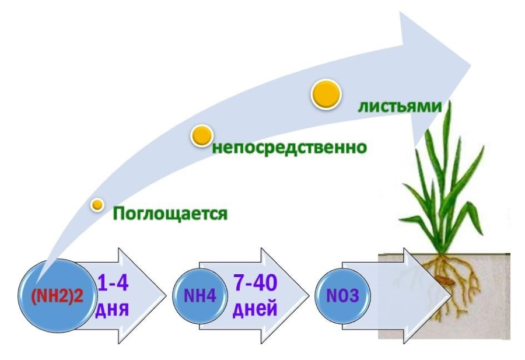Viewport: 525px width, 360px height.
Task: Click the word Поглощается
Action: pos(169,214)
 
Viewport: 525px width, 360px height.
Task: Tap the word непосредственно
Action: pos(289,147)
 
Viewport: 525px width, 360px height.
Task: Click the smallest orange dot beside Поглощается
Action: pos(97,204)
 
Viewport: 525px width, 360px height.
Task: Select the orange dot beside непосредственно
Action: pos(200,136)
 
